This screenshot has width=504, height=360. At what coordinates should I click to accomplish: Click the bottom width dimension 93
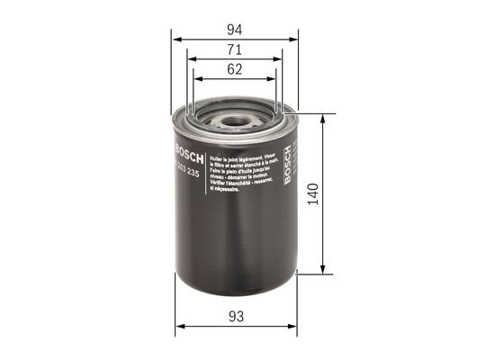point(235,315)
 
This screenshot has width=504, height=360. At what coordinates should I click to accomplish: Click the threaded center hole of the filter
point(236,115)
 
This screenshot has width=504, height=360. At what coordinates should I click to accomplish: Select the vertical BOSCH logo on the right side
point(288,166)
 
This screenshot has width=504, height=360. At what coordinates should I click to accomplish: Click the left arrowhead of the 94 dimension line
point(176,40)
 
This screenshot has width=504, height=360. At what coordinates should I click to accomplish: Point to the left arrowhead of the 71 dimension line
point(192,59)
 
